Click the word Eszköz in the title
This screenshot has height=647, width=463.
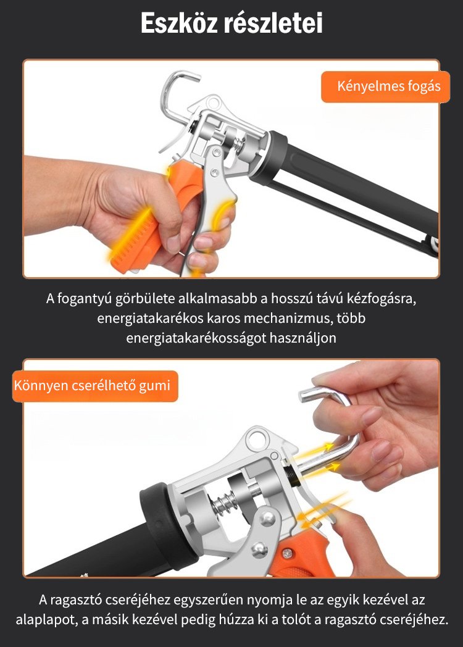coord(180,23)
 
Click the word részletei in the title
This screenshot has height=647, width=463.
coord(273,23)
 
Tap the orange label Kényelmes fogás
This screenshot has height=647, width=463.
coord(385,86)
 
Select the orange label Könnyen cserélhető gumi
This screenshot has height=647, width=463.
coord(95,386)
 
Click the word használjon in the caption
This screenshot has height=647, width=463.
coord(303,338)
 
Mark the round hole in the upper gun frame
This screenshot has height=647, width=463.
coord(214,101)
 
